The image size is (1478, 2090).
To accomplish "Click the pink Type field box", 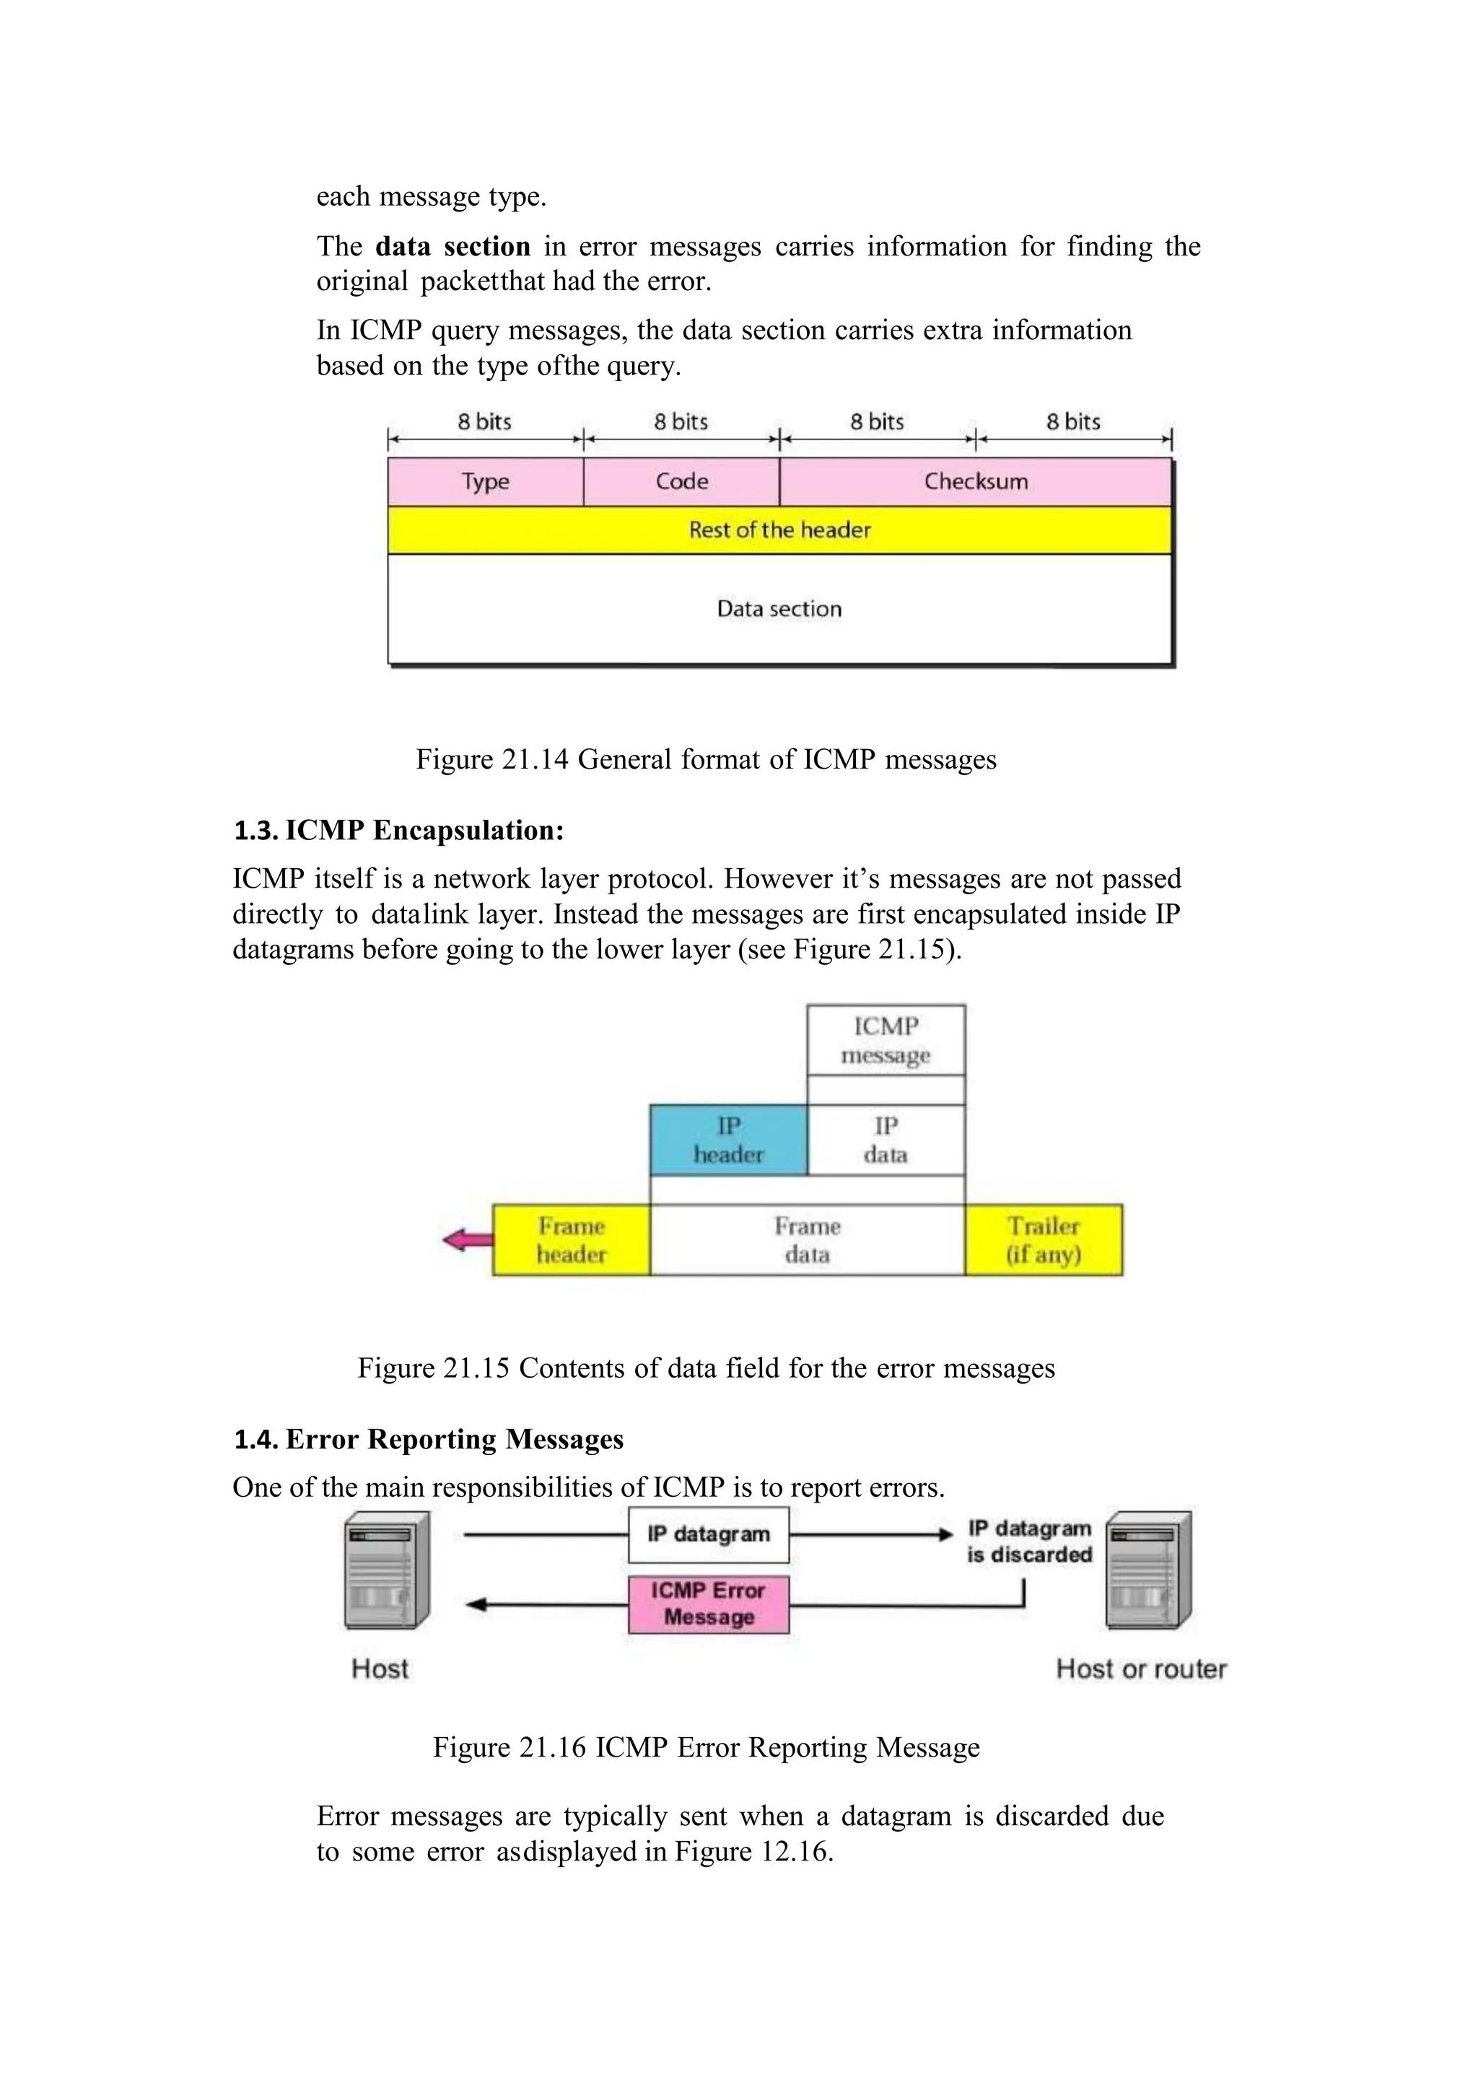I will point(485,481).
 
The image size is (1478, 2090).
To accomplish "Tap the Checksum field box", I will point(976,481).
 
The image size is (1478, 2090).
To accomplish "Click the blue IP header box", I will point(728,1140).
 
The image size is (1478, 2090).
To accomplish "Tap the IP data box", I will point(886,1140).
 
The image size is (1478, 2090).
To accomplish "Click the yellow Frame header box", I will point(572,1240).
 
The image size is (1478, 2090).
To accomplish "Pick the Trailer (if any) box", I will point(1043,1240).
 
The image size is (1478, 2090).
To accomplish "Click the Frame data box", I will point(808,1240).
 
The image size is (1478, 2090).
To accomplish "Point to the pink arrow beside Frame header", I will point(467,1239).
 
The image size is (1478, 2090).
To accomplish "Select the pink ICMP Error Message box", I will point(708,1604).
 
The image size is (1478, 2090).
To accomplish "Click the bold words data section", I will point(452,247).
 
